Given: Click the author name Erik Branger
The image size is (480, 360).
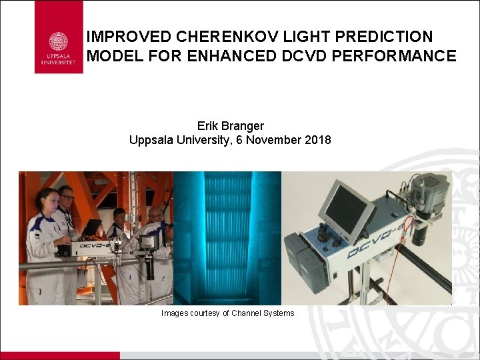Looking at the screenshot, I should (229, 125).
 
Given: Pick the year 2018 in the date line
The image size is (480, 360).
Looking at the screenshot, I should (317, 140).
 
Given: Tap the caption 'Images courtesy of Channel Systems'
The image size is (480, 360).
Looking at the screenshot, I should (227, 313).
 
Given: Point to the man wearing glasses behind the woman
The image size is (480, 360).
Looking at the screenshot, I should (66, 197).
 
